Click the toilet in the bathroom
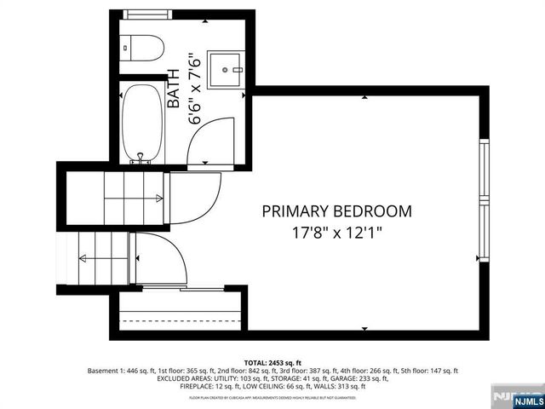click(141, 49)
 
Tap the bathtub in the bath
click(141, 121)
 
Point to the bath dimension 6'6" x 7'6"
click(195, 89)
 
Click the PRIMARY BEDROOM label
click(336, 210)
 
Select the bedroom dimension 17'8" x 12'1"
click(336, 231)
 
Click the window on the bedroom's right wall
click(484, 202)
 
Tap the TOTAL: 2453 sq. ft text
click(272, 363)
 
